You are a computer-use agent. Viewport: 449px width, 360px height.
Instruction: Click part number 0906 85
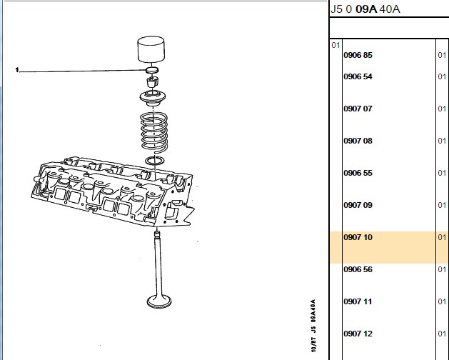tap(358, 55)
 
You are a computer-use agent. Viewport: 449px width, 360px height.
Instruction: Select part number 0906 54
tap(358, 76)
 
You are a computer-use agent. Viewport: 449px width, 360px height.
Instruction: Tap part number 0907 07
tap(358, 109)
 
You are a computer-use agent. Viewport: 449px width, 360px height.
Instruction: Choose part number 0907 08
tap(358, 141)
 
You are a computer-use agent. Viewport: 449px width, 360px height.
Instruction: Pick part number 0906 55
tap(358, 173)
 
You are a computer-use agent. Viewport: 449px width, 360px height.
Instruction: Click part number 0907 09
tap(358, 205)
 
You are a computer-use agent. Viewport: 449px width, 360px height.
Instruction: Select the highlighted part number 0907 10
tap(358, 237)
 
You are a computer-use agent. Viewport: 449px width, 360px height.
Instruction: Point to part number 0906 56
tap(358, 269)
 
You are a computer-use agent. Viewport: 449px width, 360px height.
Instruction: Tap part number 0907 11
tap(358, 301)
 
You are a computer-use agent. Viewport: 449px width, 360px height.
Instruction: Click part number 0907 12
tap(358, 334)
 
